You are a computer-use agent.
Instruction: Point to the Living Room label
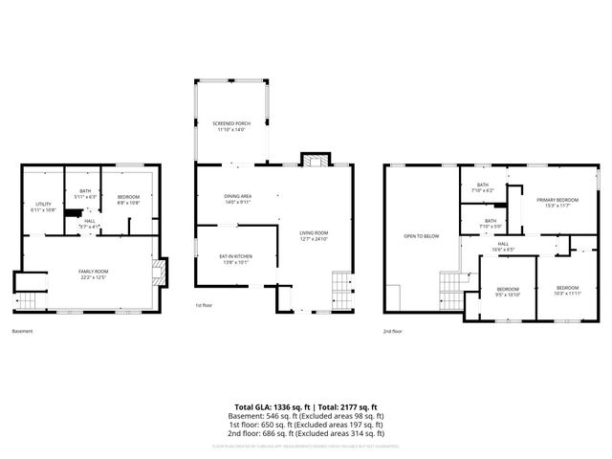[314, 235]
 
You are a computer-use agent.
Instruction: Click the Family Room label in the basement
[93, 274]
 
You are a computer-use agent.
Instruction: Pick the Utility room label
[43, 206]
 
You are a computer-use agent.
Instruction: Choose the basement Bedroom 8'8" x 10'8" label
[128, 199]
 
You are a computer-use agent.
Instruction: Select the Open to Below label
[421, 235]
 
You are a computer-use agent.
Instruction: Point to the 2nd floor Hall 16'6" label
[503, 247]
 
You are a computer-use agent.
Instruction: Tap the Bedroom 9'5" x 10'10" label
[507, 291]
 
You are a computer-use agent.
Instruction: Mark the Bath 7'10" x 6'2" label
[483, 187]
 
